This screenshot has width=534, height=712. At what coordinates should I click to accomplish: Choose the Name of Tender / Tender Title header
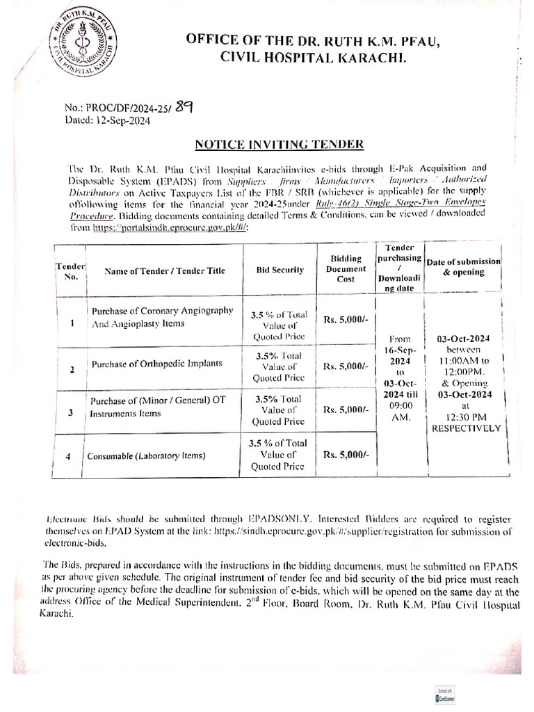[x=165, y=270]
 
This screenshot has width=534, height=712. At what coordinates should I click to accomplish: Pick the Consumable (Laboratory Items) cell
[x=146, y=457]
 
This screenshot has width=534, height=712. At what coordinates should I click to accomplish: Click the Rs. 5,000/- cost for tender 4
[x=346, y=454]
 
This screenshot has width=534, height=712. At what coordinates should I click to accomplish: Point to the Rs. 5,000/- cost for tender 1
[x=346, y=320]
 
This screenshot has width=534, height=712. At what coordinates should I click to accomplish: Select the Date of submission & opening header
[x=464, y=266]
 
